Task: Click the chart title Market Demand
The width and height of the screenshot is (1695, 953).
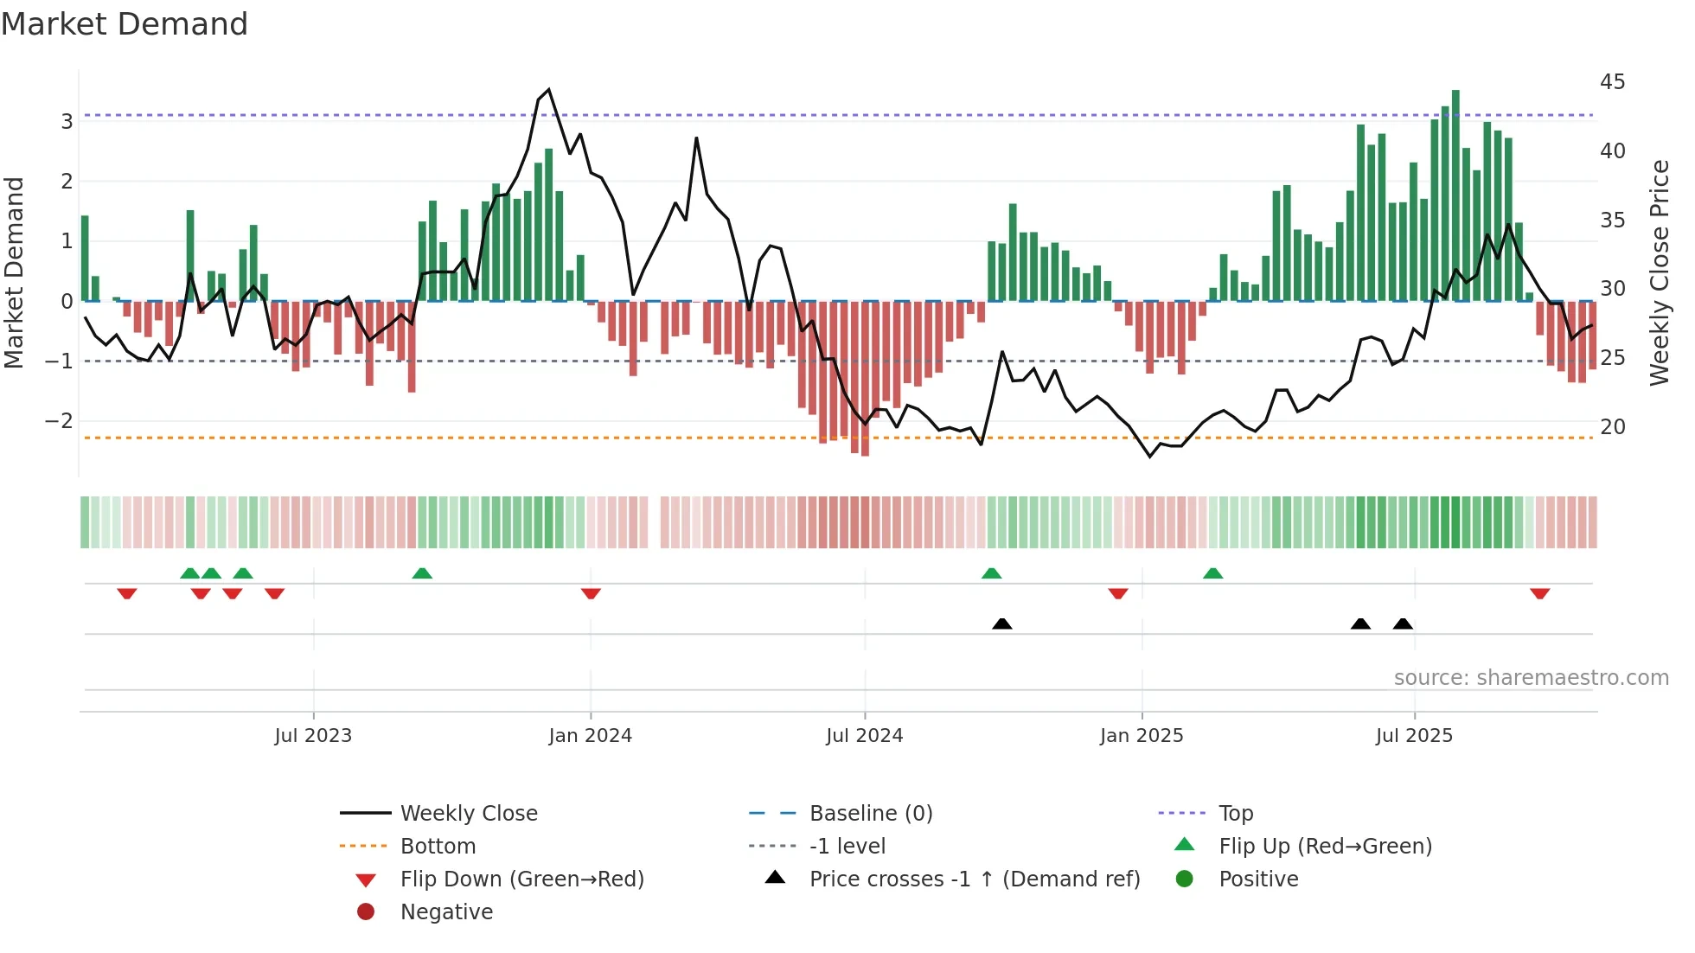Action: pos(125,24)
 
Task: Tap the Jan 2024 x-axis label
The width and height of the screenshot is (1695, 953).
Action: pos(590,736)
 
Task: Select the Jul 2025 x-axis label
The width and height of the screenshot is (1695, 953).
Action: pos(1414,736)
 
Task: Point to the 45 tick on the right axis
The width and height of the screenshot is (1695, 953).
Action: pos(1612,82)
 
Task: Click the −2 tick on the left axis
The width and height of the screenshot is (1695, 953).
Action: pos(59,421)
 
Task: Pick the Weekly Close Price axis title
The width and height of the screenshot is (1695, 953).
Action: pos(1659,272)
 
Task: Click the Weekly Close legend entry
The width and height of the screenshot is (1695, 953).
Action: pos(468,814)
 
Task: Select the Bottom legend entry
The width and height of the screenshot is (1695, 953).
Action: pos(438,847)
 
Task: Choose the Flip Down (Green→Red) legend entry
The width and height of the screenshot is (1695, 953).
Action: pos(521,879)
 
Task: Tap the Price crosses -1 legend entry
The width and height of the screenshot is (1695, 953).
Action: pos(974,879)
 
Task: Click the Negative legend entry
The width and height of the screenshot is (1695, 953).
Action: pos(446,912)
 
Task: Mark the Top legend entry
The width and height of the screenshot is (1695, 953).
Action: pos(1235,814)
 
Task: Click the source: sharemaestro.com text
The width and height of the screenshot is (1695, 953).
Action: pos(1531,678)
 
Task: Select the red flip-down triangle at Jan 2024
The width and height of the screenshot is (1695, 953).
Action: pos(591,593)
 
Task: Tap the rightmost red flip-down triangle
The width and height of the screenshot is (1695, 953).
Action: pos(1539,593)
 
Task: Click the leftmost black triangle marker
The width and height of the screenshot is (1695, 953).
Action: pos(1001,624)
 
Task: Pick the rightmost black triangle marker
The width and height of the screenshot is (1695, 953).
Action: pos(1403,624)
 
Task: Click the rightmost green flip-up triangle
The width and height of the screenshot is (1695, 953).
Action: pos(1212,573)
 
